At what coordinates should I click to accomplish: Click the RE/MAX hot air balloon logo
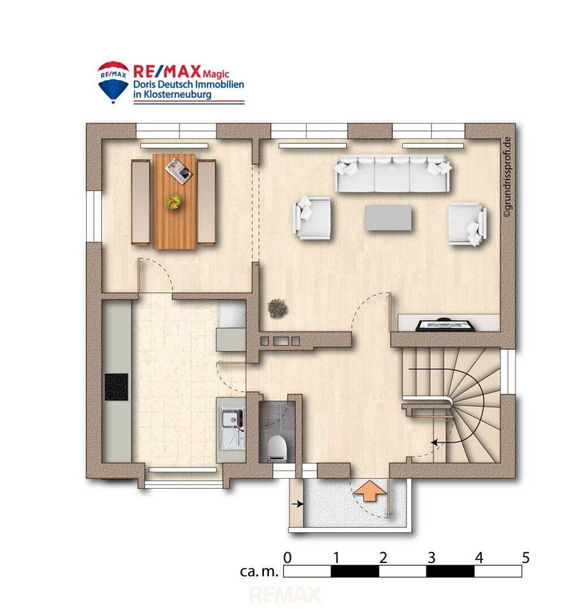(113, 82)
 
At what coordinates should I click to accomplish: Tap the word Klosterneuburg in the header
(177, 94)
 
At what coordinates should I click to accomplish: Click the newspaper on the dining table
(178, 170)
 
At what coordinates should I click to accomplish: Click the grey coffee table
(388, 218)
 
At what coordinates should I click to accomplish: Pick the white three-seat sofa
(393, 174)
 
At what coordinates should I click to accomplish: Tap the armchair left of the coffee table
(312, 217)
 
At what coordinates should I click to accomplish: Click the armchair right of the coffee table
(467, 223)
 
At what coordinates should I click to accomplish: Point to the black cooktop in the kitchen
(116, 387)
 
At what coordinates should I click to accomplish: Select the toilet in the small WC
(278, 448)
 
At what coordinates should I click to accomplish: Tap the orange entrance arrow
(369, 490)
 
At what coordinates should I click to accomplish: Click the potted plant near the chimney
(278, 308)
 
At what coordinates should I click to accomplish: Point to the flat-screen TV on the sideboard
(445, 325)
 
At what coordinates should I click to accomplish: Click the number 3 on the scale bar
(431, 558)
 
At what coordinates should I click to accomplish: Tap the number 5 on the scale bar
(526, 558)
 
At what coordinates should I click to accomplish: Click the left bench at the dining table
(140, 202)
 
